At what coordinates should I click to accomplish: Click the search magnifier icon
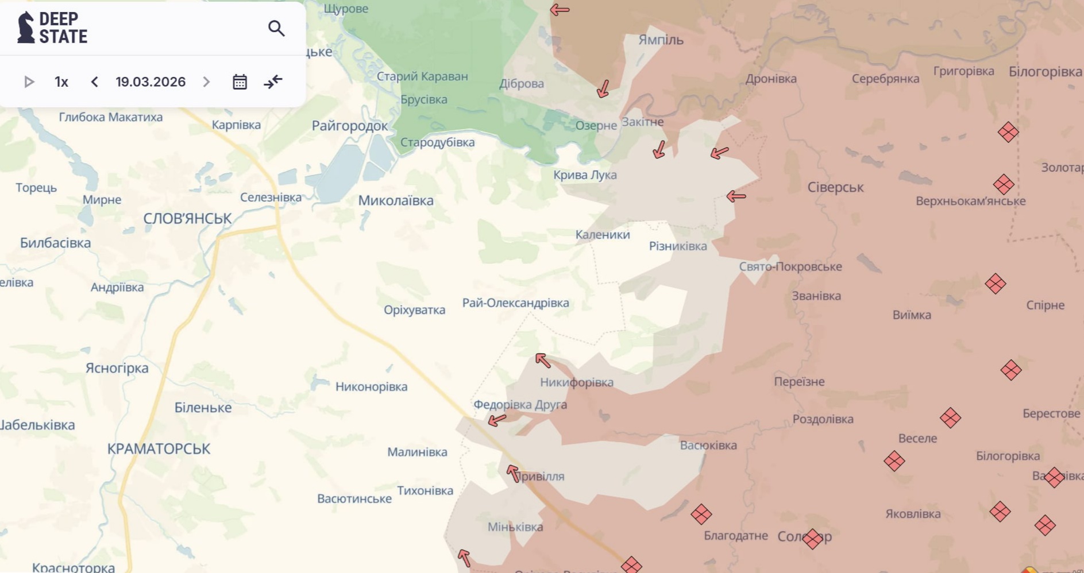click(276, 28)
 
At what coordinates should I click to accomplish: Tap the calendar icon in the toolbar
click(240, 82)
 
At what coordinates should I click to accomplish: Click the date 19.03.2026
click(151, 82)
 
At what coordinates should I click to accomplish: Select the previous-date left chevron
click(95, 82)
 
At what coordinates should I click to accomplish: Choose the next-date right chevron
click(206, 82)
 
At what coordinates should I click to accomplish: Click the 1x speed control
click(61, 82)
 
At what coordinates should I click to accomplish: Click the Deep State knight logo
click(26, 28)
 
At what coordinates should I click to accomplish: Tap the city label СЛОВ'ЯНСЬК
click(187, 219)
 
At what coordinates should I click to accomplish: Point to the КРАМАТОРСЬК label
click(159, 449)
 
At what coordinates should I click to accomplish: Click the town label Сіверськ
click(835, 188)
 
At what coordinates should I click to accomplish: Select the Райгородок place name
click(349, 126)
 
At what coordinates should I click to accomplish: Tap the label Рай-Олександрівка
click(515, 303)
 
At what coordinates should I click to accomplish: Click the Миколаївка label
click(396, 201)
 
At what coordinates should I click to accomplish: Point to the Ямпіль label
click(661, 40)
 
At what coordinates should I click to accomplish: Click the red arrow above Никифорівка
click(543, 360)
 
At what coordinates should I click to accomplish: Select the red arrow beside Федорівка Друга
click(497, 420)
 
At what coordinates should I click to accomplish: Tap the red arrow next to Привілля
click(513, 473)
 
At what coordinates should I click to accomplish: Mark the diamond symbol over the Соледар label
click(812, 539)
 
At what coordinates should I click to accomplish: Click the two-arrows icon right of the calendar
click(273, 82)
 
